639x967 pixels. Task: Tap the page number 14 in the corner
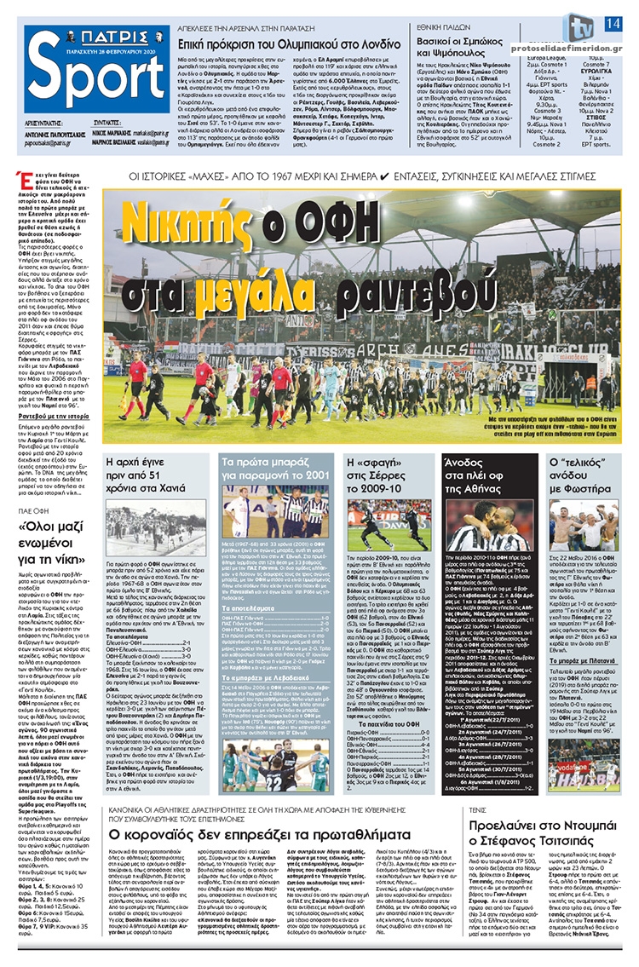[612, 22]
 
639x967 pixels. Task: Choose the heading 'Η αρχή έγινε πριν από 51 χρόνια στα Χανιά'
[158, 469]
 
